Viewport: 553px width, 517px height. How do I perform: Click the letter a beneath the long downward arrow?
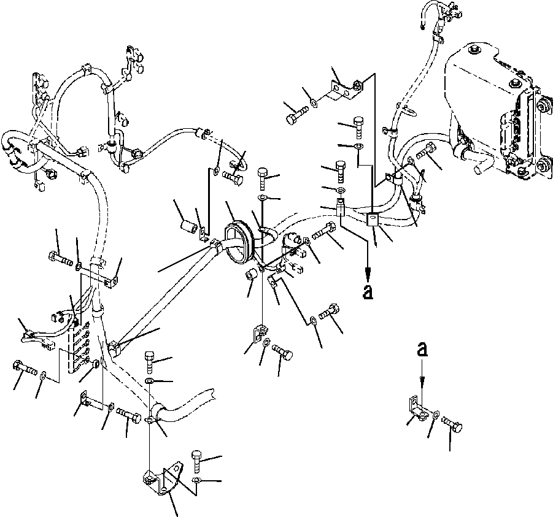tap(368, 293)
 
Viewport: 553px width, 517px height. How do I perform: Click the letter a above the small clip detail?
tap(421, 350)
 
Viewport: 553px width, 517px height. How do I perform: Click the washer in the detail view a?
tap(435, 415)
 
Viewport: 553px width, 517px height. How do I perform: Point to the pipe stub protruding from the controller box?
tap(479, 163)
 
